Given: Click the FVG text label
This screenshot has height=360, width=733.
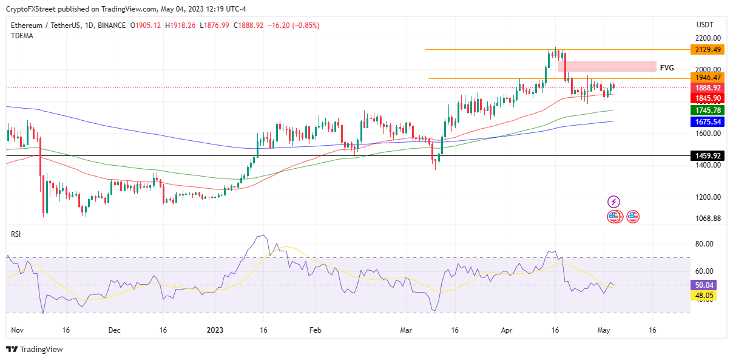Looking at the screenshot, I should (x=667, y=68).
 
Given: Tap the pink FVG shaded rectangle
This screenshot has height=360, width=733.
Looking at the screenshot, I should (x=607, y=67).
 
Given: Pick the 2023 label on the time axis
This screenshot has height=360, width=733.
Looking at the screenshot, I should (x=216, y=331).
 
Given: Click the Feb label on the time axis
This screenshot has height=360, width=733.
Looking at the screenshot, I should (x=314, y=331).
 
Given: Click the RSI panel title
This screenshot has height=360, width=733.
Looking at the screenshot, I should (x=16, y=234).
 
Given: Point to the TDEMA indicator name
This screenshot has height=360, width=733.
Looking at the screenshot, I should (x=22, y=36).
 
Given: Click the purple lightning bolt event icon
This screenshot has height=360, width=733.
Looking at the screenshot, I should (x=614, y=202).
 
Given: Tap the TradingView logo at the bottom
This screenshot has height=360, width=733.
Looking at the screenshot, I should (x=35, y=350).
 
